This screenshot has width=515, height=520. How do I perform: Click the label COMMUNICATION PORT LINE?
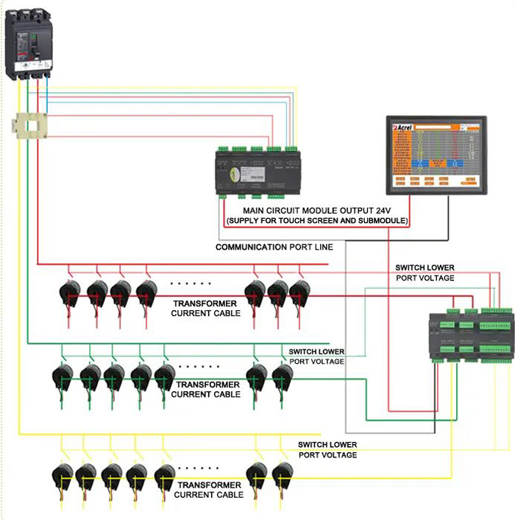tap(274, 247)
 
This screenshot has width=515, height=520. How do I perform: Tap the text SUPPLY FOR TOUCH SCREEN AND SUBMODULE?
tap(317, 221)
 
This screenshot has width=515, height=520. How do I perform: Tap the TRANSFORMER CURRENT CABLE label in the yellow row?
tap(208, 490)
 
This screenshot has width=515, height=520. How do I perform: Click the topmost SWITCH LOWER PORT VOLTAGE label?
tap(425, 273)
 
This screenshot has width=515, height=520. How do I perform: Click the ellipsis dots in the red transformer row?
tap(191, 284)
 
